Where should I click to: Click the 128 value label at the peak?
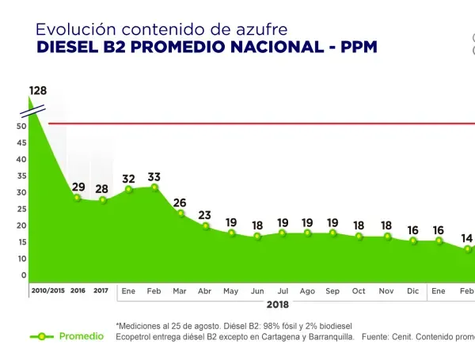(x=38, y=90)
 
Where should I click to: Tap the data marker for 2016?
(x=78, y=198)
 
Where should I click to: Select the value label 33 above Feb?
(x=154, y=177)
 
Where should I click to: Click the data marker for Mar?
(x=180, y=214)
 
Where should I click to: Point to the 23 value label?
(x=205, y=215)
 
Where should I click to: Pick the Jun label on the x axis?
(x=256, y=291)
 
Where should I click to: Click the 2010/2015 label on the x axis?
(x=48, y=291)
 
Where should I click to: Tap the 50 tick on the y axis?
(x=22, y=126)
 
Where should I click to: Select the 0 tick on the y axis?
(x=24, y=275)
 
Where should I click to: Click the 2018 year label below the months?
(x=278, y=304)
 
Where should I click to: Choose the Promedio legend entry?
(x=81, y=336)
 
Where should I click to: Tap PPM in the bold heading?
(x=359, y=47)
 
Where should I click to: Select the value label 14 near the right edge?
(x=467, y=238)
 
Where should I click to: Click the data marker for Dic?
(x=413, y=241)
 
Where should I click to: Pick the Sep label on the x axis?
(x=332, y=291)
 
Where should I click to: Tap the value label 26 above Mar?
(x=180, y=203)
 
